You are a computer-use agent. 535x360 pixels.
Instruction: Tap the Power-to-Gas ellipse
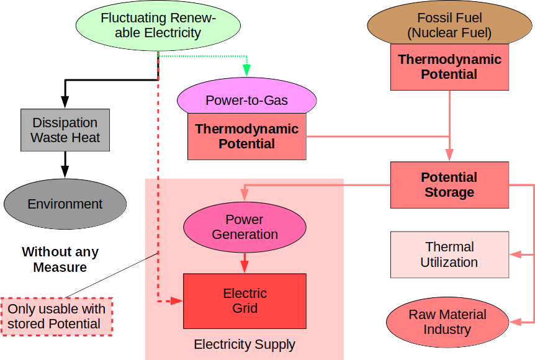(246, 99)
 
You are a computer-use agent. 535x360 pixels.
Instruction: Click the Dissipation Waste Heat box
(65, 130)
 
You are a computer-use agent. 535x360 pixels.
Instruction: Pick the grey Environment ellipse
(65, 204)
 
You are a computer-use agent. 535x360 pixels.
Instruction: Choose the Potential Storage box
(449, 184)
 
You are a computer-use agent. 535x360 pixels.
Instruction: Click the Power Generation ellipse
(245, 227)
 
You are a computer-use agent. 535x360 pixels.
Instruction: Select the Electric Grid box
(245, 300)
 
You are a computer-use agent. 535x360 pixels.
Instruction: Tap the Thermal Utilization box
(449, 254)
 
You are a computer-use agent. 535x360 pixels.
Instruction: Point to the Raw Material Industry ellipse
(447, 322)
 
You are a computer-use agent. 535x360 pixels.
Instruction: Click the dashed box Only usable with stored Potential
(57, 317)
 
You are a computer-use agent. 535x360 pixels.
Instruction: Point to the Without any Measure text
(60, 260)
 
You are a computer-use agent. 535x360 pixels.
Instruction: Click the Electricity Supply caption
(245, 344)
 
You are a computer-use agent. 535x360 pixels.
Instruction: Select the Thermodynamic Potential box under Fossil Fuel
(449, 67)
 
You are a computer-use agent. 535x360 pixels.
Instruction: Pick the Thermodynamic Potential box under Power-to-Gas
(246, 136)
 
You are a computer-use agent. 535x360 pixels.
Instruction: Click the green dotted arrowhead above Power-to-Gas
(246, 71)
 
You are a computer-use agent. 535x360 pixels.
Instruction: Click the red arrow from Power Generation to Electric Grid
(245, 261)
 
